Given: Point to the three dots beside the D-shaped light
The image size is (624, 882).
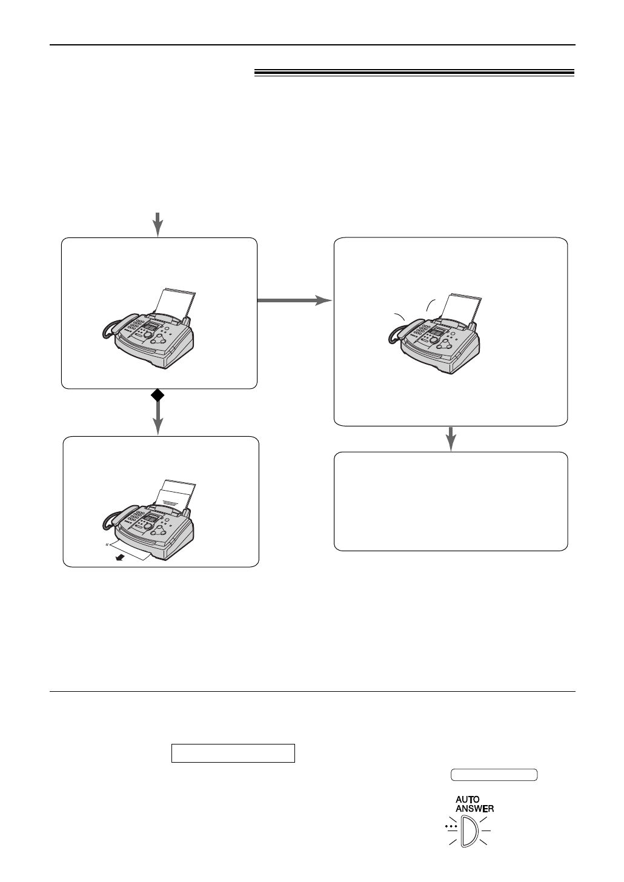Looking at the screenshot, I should point(450,826).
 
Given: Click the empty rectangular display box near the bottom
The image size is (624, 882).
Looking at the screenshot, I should point(233,753).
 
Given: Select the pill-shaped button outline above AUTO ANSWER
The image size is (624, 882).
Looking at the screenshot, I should point(494,775).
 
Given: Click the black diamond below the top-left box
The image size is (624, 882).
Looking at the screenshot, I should point(158,396).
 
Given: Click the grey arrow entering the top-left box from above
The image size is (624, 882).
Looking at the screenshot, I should point(158,224).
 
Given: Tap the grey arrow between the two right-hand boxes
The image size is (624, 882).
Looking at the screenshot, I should point(450,439).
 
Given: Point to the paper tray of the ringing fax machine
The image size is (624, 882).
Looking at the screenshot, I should point(463,306).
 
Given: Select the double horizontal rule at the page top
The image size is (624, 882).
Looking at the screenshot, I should point(414,73).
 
